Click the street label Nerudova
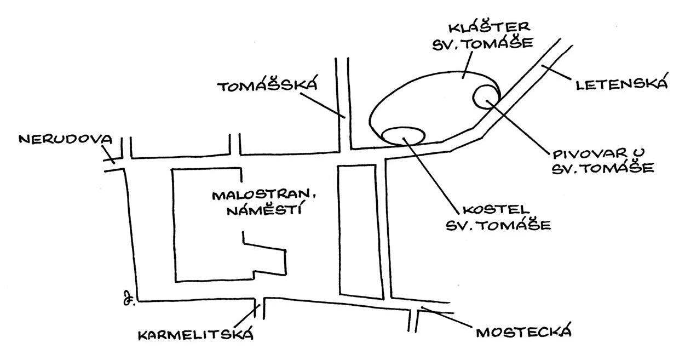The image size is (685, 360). coord(65,139)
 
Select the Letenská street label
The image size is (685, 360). coord(621,84)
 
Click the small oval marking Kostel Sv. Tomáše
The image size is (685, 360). coord(404,135)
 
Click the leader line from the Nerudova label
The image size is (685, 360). coord(108,156)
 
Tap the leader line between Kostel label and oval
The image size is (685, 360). coord(433,175)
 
